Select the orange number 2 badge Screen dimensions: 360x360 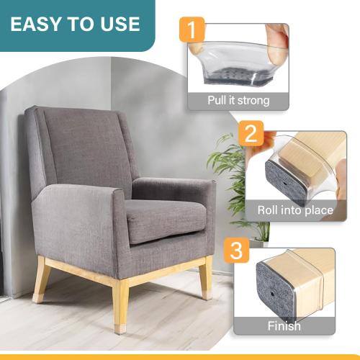click(250, 133)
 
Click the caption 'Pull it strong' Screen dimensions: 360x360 click(238, 100)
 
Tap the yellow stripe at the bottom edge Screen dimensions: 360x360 click(180, 356)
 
